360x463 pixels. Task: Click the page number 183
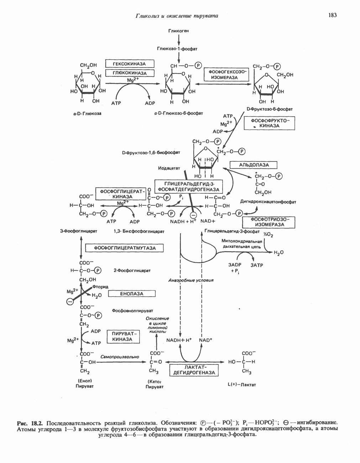tap(332, 15)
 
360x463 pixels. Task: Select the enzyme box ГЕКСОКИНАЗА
tap(130, 64)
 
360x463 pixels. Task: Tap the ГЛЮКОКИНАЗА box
tap(130, 73)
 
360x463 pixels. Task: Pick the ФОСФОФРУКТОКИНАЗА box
tap(270, 123)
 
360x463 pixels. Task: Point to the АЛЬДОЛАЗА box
tap(253, 165)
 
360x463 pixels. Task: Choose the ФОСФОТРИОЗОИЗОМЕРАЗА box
tap(268, 222)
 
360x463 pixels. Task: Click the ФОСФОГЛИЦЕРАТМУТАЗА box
tap(125, 248)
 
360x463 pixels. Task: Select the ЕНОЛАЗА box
tap(132, 294)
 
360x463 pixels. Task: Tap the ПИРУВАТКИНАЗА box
tap(122, 337)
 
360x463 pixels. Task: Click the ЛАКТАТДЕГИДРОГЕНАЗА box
tap(194, 370)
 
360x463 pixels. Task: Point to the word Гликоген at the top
tap(178, 31)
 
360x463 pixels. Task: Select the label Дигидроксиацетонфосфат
tap(268, 202)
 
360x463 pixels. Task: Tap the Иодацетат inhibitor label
tap(169, 168)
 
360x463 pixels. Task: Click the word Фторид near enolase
tap(100, 287)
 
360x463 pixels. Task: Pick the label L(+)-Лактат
tap(241, 385)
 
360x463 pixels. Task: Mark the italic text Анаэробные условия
tap(191, 280)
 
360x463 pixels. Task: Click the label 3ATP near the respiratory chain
tap(257, 265)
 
